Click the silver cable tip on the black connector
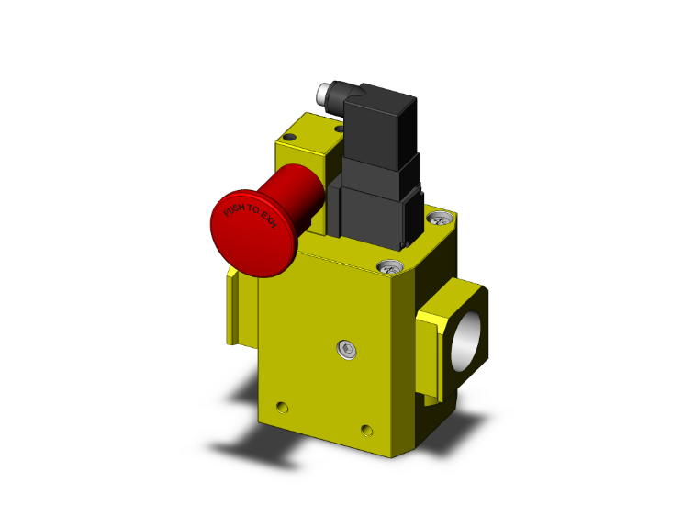(324, 94)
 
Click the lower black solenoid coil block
(376, 211)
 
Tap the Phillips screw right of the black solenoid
(439, 219)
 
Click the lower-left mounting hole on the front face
(282, 407)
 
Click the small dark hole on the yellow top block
(291, 137)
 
